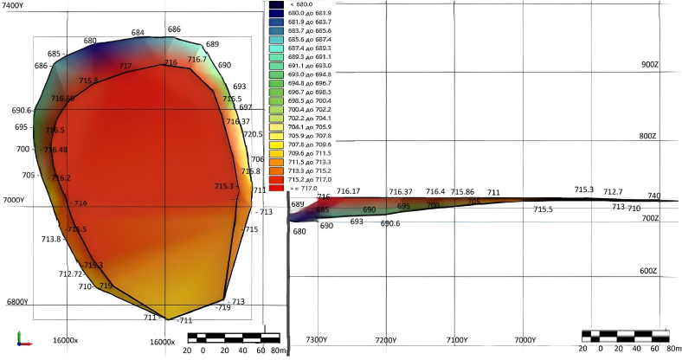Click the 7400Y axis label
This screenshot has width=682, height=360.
pos(15,6)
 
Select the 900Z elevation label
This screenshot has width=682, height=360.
pos(649,65)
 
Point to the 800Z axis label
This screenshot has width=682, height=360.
pos(649,137)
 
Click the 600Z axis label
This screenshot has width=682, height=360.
pos(649,271)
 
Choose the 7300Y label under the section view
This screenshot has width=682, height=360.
pos(317,340)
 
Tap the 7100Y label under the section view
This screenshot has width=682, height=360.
pos(459,340)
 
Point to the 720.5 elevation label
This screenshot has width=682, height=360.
pos(253,134)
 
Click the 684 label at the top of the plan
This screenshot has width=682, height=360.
pos(138,33)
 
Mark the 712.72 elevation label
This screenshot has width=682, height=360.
pos(70,273)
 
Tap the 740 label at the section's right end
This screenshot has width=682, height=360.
pos(653,196)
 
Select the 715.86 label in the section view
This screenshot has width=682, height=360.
pos(462,192)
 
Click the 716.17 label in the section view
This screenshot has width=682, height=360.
pos(348,191)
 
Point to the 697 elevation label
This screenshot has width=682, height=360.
pos(245,107)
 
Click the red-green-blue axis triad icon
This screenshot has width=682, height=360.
pos(24,339)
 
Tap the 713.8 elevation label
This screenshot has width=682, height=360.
pos(51,239)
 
